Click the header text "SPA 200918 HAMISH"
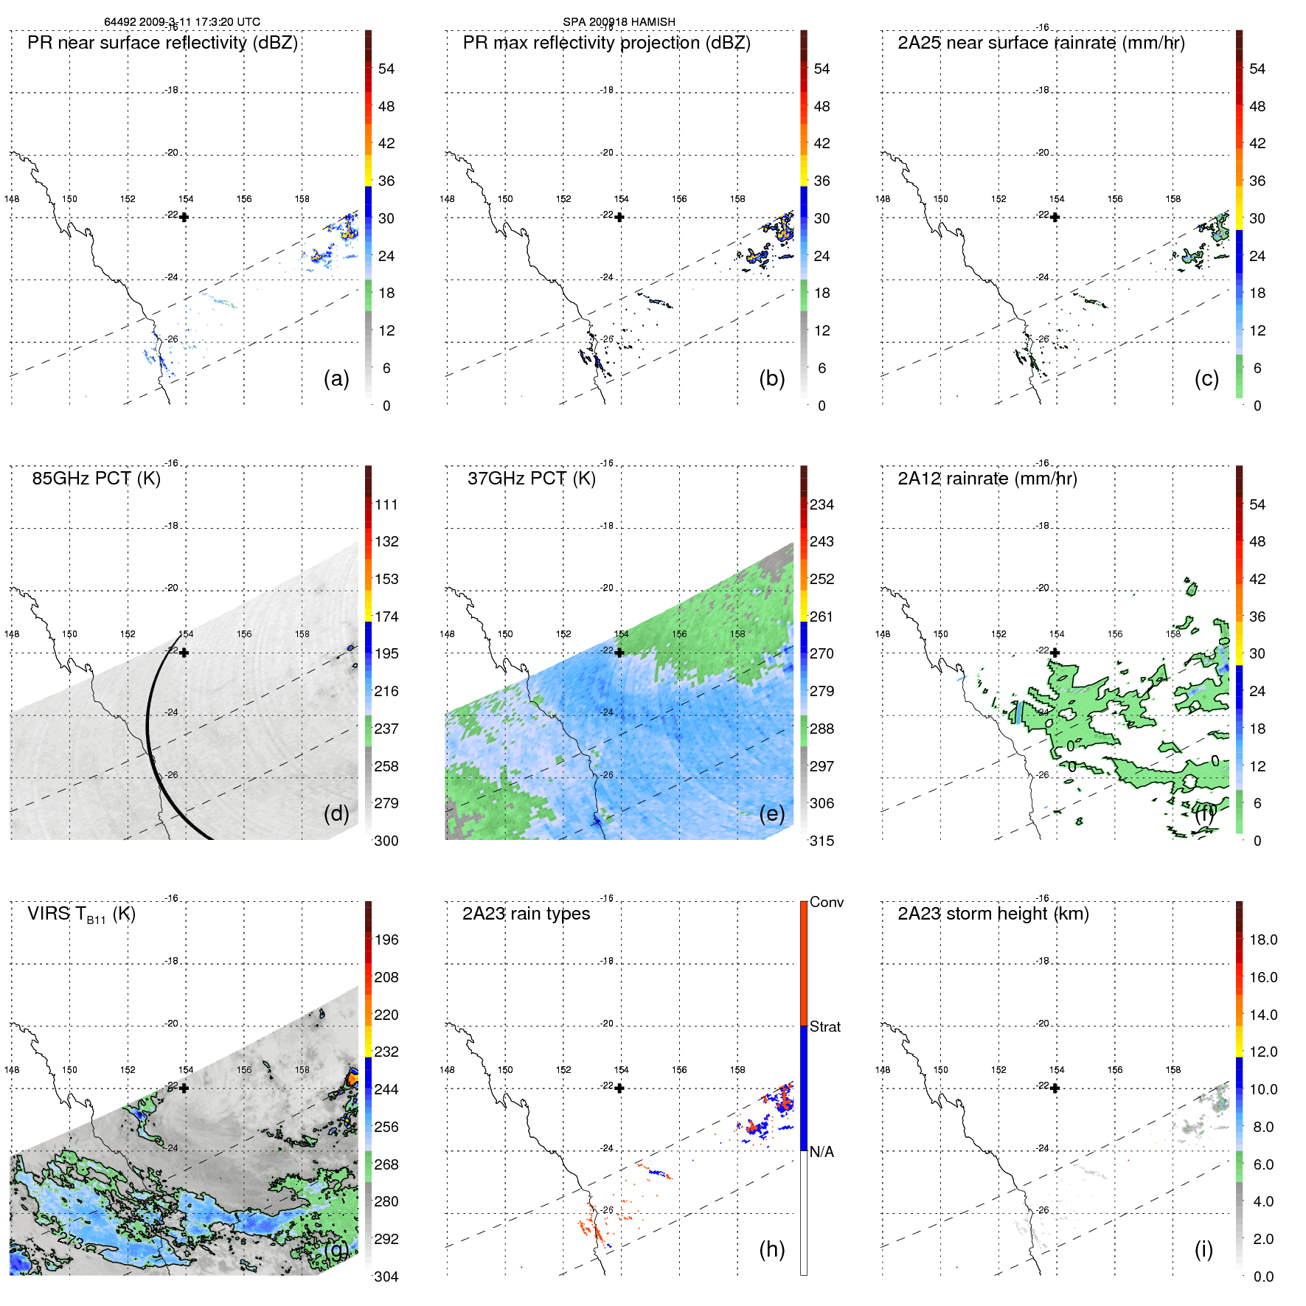pyautogui.click(x=619, y=21)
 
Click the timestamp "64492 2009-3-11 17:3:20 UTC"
pyautogui.click(x=182, y=21)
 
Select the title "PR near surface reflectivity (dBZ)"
pyautogui.click(x=162, y=43)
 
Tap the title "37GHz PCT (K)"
pyautogui.click(x=531, y=479)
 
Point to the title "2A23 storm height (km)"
pyautogui.click(x=993, y=914)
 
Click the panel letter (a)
pyautogui.click(x=336, y=378)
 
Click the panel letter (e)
pyautogui.click(x=772, y=813)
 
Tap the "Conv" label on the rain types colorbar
pyautogui.click(x=827, y=902)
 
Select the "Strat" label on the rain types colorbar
pyautogui.click(x=825, y=1027)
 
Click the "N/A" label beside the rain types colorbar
pyautogui.click(x=822, y=1152)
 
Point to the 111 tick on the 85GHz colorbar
pyautogui.click(x=386, y=504)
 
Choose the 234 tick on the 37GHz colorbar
pyautogui.click(x=822, y=504)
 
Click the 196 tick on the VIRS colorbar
pyautogui.click(x=386, y=939)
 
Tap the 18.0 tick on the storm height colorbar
pyautogui.click(x=1263, y=939)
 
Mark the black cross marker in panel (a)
pyautogui.click(x=184, y=218)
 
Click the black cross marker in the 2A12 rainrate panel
pyautogui.click(x=1055, y=653)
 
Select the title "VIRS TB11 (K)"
pyautogui.click(x=81, y=914)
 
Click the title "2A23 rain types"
pyautogui.click(x=526, y=914)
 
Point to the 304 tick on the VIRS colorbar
pyautogui.click(x=386, y=1277)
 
